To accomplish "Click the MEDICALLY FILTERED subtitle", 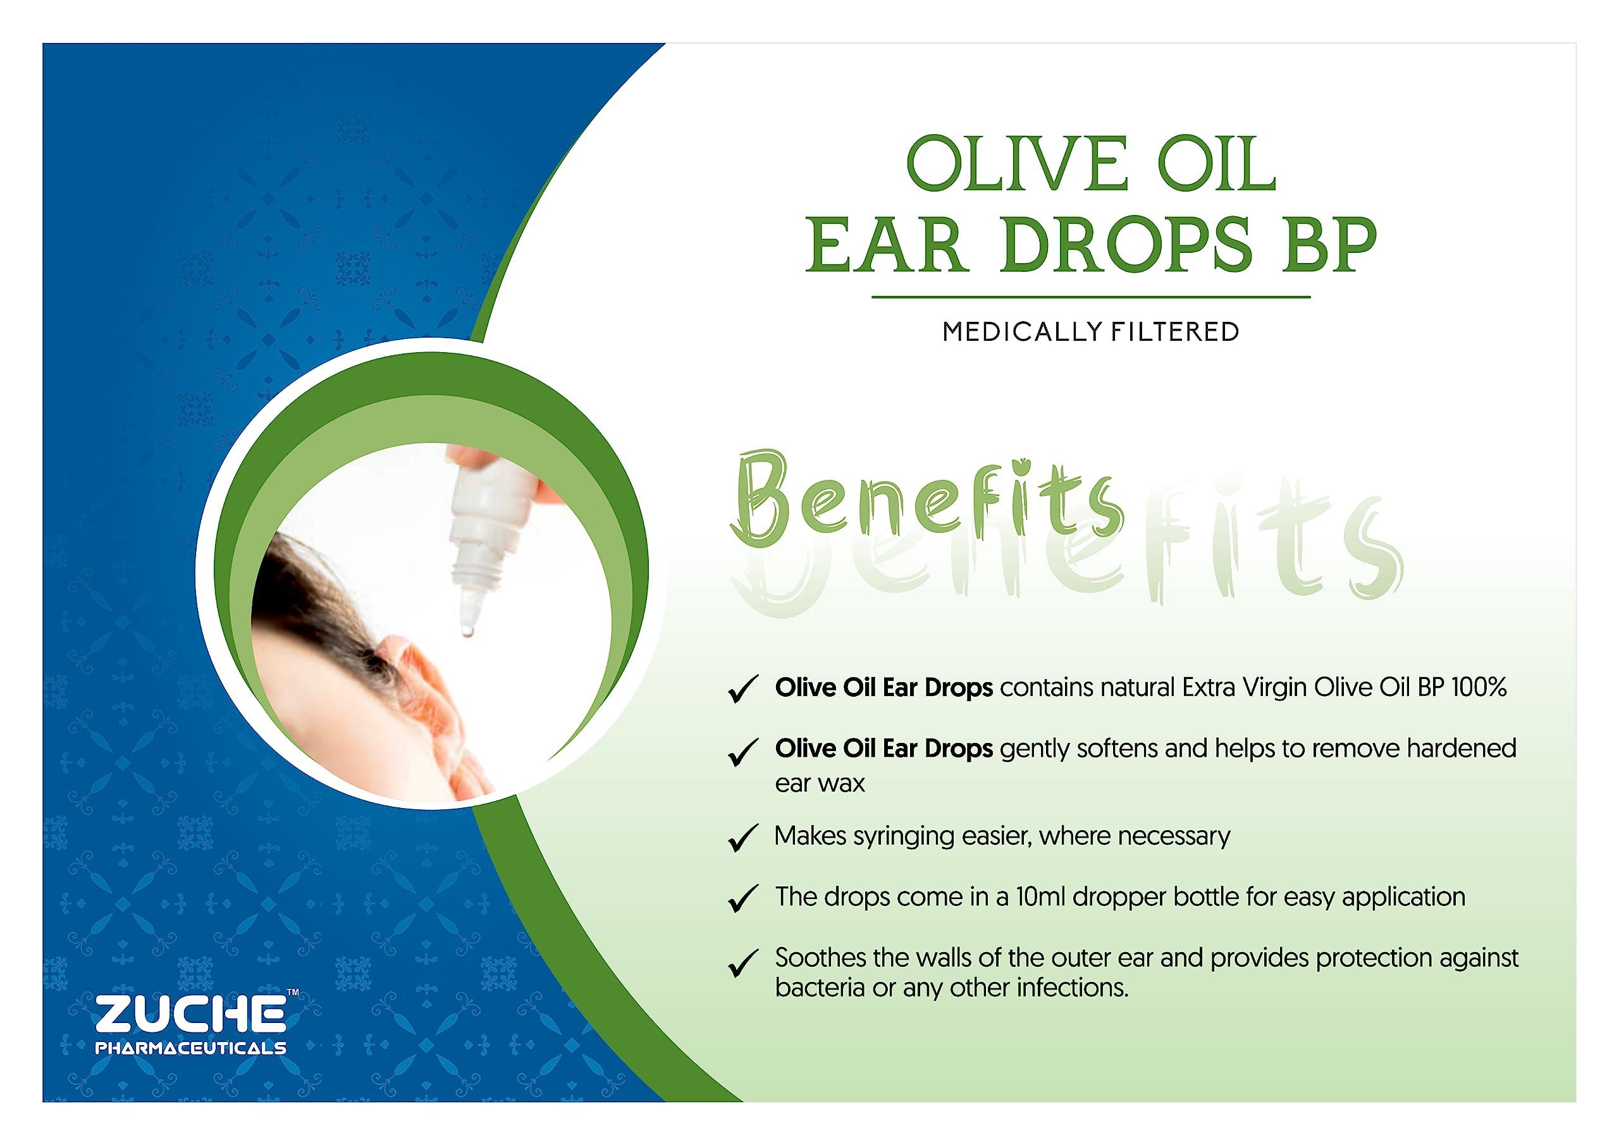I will coord(1090,332).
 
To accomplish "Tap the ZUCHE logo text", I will coord(190,1016).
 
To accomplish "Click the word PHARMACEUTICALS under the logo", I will coord(190,1048).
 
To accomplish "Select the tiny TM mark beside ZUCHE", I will coord(293,993).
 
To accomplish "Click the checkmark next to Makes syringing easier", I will coord(742,838).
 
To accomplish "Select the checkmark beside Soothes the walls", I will coord(742,963).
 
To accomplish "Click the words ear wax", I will coord(820,783).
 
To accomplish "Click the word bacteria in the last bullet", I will coord(820,988).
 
